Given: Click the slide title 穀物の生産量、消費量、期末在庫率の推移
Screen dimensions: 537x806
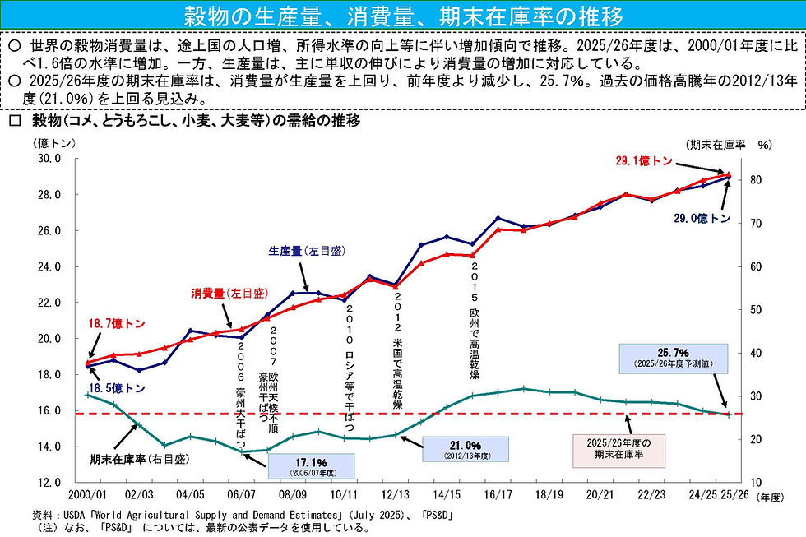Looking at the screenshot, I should click(402, 16).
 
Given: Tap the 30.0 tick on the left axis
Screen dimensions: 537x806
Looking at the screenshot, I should click(50, 159).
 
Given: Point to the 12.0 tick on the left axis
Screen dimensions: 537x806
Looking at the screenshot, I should click(50, 483).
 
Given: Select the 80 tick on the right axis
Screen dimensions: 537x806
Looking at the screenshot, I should click(754, 180).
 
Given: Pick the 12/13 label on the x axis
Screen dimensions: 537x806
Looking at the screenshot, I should click(396, 497).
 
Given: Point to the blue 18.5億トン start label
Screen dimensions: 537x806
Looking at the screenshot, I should click(115, 388).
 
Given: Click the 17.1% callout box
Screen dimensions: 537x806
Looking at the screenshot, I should click(311, 465).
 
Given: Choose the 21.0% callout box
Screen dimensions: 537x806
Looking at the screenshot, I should click(465, 449).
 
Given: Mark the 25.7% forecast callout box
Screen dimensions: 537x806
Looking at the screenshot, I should click(667, 358).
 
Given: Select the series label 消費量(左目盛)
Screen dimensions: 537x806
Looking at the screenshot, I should click(229, 293).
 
